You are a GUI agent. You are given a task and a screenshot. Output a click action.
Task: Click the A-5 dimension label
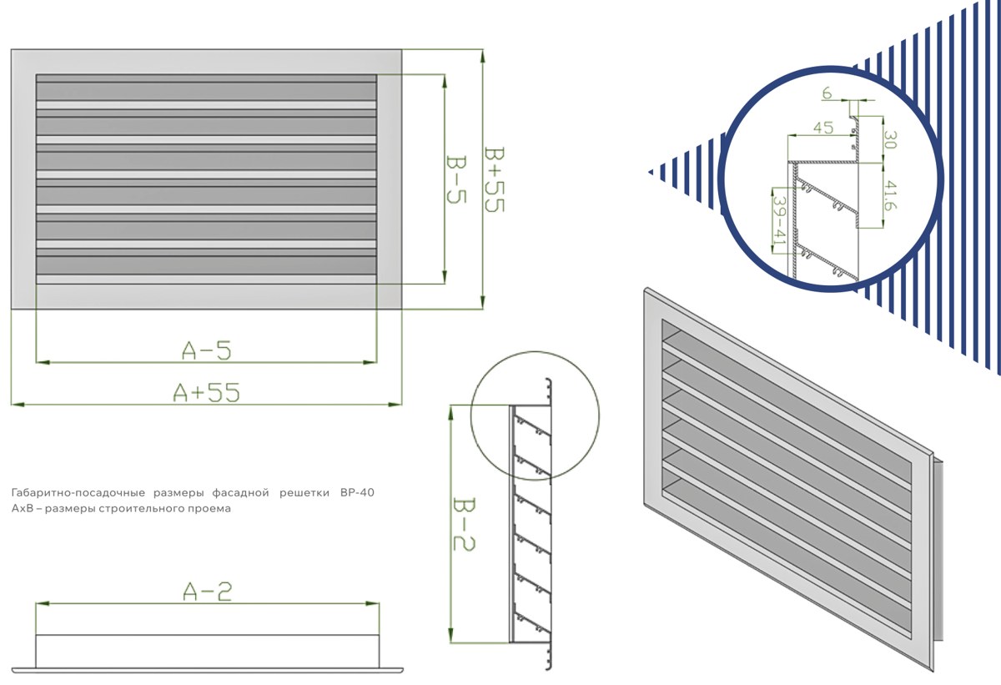207,350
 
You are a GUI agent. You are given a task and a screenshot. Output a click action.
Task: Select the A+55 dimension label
207,393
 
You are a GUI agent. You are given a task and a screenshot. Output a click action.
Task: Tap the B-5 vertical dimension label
456,179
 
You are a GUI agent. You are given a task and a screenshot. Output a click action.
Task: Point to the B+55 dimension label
494,179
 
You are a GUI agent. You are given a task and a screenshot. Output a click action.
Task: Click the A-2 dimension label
208,592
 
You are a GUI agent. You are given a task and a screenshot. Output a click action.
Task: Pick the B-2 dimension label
464,524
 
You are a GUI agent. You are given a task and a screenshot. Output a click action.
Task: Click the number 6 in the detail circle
827,93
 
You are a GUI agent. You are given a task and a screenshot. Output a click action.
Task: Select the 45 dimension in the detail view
823,128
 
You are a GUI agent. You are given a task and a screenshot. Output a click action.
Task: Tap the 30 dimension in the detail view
891,139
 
